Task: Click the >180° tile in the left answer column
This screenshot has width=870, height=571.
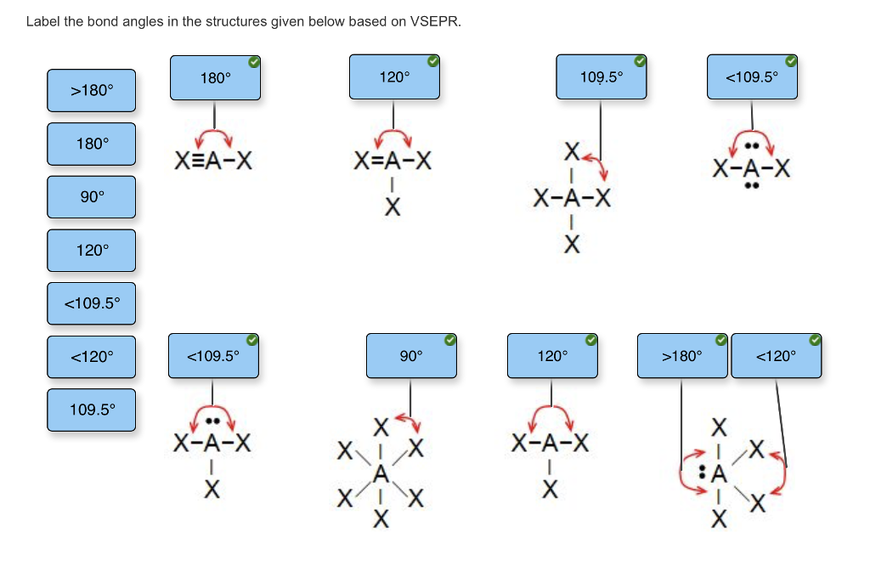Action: coord(91,90)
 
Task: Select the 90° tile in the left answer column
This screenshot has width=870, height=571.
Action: coord(91,197)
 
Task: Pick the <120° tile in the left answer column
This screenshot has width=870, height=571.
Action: coord(91,357)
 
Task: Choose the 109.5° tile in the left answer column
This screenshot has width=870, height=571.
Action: coord(91,410)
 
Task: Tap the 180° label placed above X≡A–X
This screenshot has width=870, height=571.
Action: coord(215,78)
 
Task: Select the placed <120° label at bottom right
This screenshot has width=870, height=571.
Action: coord(776,356)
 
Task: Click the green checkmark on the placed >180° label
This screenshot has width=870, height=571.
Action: coord(720,341)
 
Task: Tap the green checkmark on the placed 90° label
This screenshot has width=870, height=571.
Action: coord(449,341)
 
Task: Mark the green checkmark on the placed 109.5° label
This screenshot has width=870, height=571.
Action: coord(640,61)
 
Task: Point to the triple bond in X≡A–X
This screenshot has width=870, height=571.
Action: coord(196,160)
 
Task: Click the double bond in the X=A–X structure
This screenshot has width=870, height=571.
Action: coord(376,160)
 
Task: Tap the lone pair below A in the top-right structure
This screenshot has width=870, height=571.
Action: coord(751,185)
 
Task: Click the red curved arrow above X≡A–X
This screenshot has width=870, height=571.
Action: coord(215,136)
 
